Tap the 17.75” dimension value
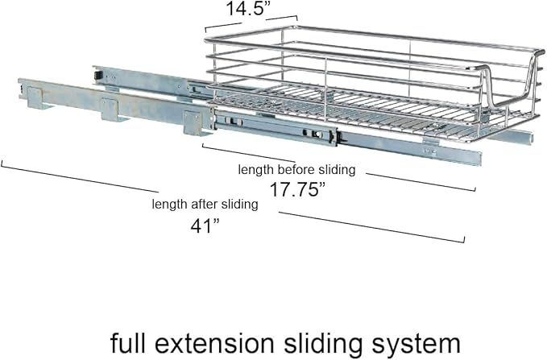coord(297,190)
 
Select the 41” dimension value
coord(205,226)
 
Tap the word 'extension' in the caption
coord(214,344)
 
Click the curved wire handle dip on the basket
coord(507,85)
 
